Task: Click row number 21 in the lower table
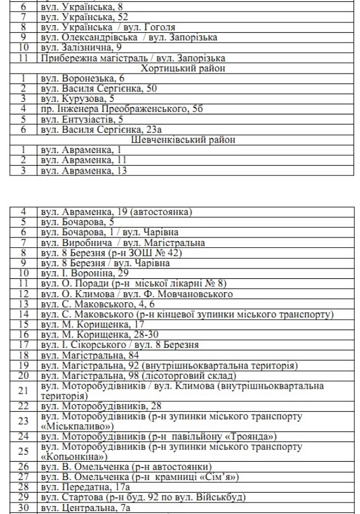point(24,390)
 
